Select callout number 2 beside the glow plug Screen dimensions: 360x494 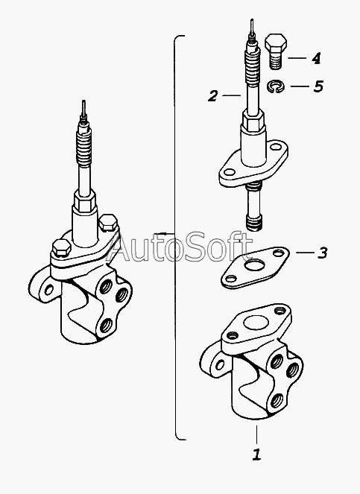pos(212,96)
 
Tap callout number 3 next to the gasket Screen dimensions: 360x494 pos(322,253)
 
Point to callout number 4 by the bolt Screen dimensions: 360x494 pos(316,58)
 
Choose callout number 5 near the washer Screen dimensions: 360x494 pos(318,86)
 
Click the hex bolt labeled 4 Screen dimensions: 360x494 pos(276,51)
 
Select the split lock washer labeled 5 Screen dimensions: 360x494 pos(276,86)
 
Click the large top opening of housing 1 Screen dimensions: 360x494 pos(256,323)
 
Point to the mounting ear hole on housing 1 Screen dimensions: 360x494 pos(219,364)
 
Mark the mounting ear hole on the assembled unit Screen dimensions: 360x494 pos(48,289)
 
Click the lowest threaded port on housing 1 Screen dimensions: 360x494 pos(277,400)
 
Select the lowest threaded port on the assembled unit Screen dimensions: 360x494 pos(105,326)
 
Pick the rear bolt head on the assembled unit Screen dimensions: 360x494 pos(108,223)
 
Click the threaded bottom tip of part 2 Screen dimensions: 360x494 pos(254,223)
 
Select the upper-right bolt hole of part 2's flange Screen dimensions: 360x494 pos(277,147)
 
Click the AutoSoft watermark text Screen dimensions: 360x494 pos(180,247)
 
